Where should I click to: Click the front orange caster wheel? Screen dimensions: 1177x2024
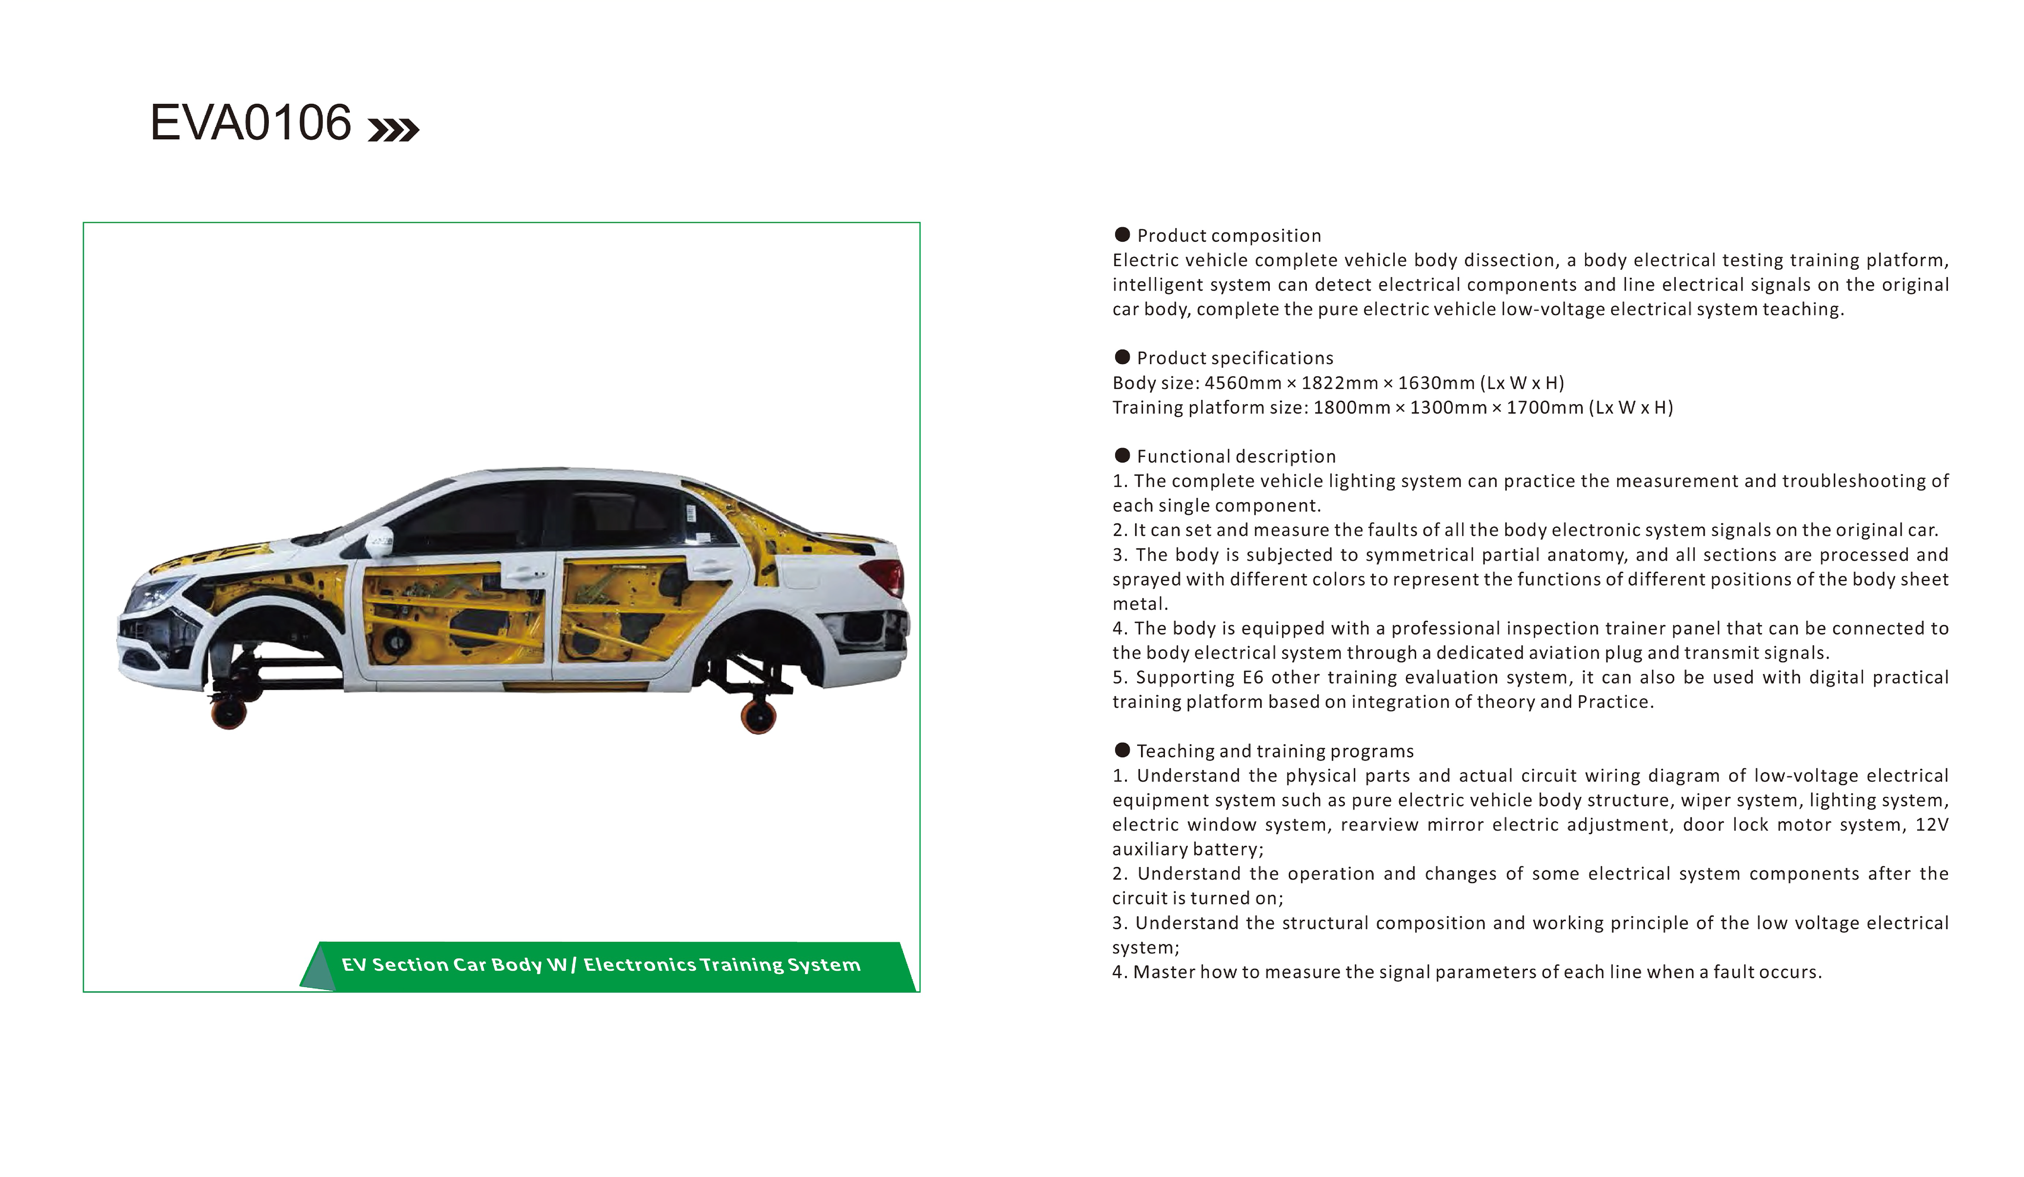click(x=229, y=712)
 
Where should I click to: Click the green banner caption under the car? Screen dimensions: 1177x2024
click(x=601, y=964)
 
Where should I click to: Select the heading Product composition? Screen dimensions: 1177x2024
click(x=1229, y=235)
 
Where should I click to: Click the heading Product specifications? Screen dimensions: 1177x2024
click(x=1235, y=358)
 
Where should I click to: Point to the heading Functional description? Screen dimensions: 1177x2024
click(x=1236, y=456)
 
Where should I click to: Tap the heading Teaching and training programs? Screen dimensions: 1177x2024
click(x=1275, y=751)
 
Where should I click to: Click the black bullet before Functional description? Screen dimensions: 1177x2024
click(x=1122, y=456)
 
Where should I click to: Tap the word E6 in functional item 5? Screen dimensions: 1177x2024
click(x=1252, y=677)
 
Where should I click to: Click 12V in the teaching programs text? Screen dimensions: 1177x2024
click(x=1932, y=824)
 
